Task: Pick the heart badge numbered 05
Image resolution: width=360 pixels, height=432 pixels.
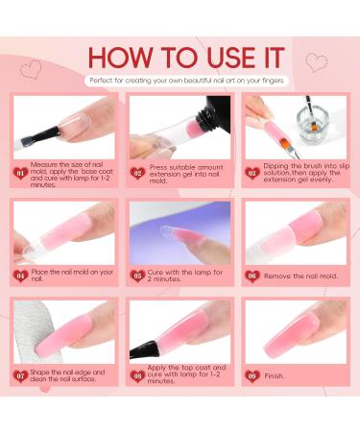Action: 136,276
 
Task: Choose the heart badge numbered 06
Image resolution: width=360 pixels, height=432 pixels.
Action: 252,276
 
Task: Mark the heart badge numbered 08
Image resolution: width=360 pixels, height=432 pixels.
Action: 136,375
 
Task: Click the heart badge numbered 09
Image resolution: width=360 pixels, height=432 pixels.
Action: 252,375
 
